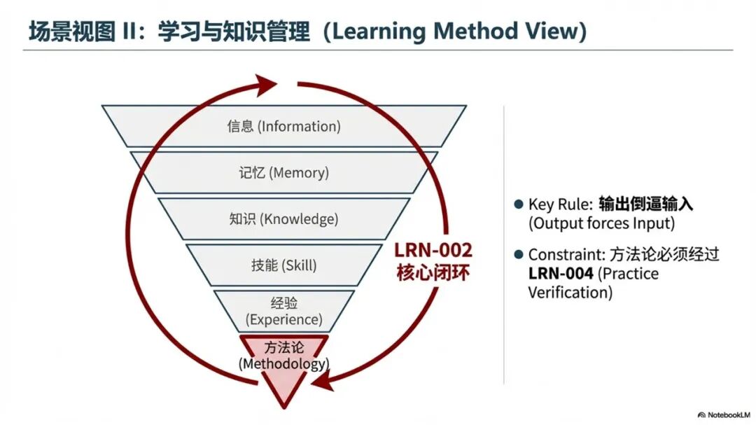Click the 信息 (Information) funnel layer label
click(283, 127)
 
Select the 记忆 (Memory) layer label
click(283, 172)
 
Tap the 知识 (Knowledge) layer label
click(283, 219)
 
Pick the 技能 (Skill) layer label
click(283, 265)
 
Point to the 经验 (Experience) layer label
click(283, 312)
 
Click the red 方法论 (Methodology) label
click(283, 356)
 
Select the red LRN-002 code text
click(433, 251)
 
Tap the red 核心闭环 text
click(433, 272)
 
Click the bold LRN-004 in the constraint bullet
click(561, 274)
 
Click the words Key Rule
click(560, 204)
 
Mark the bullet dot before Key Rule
click(518, 204)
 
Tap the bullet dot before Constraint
click(518, 255)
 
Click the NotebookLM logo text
click(726, 414)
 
